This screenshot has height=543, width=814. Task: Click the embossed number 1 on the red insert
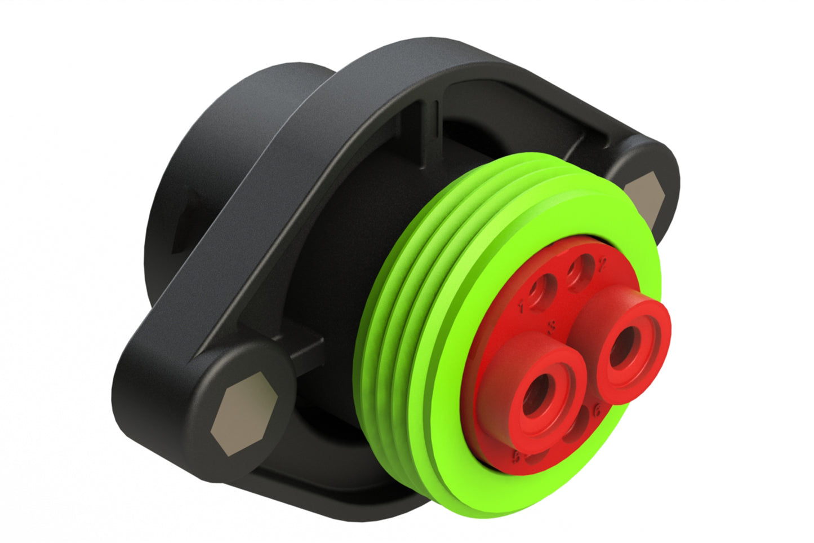522,307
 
